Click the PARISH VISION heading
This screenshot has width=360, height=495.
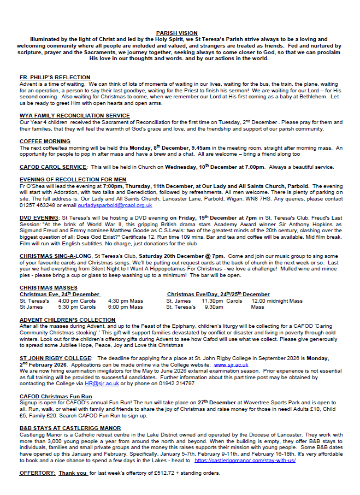point(176,33)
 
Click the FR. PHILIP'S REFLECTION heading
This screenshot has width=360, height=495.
point(55,78)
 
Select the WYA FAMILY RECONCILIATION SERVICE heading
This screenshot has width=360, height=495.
point(75,116)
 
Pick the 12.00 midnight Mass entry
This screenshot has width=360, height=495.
point(276,301)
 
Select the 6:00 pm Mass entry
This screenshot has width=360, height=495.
point(125,307)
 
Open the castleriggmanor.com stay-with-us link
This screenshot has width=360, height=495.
point(245,461)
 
